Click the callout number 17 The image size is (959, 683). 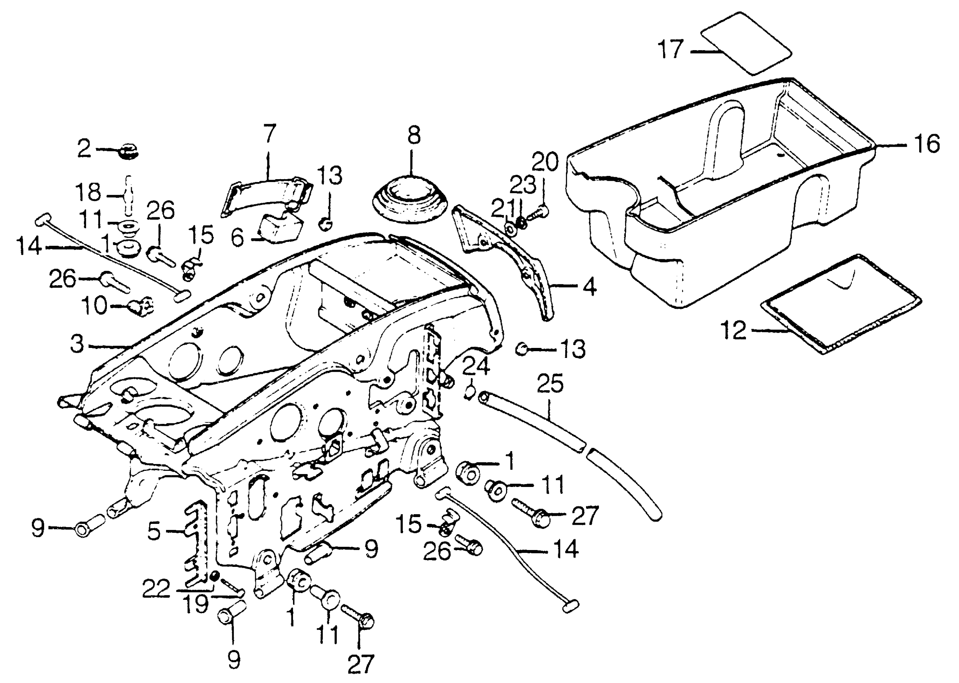pyautogui.click(x=671, y=50)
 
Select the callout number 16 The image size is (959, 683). pyautogui.click(x=927, y=144)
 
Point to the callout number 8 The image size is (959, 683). pyautogui.click(x=414, y=135)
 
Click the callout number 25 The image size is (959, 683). pyautogui.click(x=550, y=384)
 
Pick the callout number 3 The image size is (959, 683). pyautogui.click(x=78, y=344)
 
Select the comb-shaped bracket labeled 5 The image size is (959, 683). pyautogui.click(x=196, y=542)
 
